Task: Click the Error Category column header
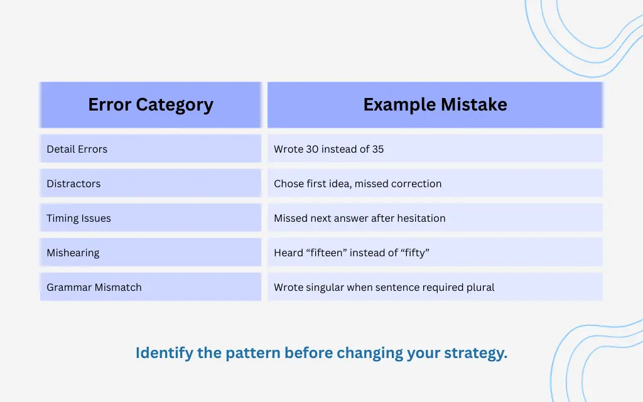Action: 151,104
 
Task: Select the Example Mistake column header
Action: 435,104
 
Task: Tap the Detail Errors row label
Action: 77,149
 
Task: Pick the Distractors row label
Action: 73,183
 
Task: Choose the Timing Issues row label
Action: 78,218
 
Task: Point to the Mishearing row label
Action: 73,253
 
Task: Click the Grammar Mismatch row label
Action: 94,287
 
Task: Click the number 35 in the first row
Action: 377,149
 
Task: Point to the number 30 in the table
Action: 312,149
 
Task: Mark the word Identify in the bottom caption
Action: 165,352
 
